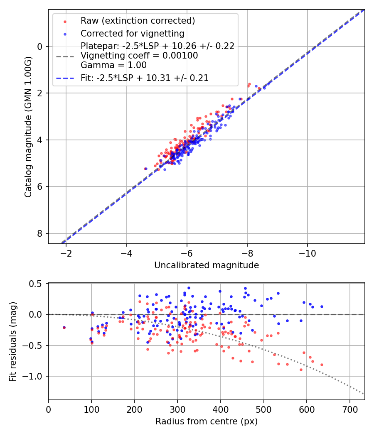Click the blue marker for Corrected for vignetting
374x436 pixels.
pyautogui.click(x=65, y=34)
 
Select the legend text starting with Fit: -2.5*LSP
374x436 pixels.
pyautogui.click(x=145, y=78)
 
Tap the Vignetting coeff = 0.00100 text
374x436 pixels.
pyautogui.click(x=139, y=56)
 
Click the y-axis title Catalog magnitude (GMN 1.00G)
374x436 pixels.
pyautogui.click(x=28, y=126)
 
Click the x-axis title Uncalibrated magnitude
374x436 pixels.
pyautogui.click(x=207, y=265)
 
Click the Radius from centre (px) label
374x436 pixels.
pyautogui.click(x=207, y=421)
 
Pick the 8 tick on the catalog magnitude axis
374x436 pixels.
pyautogui.click(x=40, y=233)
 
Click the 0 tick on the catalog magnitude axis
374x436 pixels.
pyautogui.click(x=40, y=47)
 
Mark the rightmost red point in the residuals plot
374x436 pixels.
pyautogui.click(x=322, y=365)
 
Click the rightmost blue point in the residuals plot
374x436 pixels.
pyautogui.click(x=322, y=306)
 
